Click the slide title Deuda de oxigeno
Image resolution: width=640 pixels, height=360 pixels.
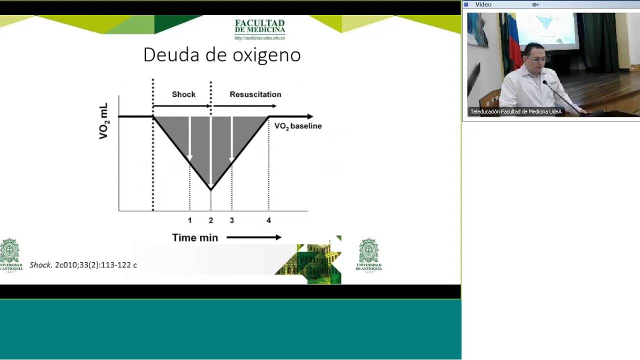tap(222, 55)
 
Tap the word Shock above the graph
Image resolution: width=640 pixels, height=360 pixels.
tap(183, 94)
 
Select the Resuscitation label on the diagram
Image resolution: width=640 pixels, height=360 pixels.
tap(255, 94)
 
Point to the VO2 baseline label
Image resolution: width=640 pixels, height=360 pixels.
tap(298, 126)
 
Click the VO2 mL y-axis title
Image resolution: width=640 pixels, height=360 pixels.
tap(103, 121)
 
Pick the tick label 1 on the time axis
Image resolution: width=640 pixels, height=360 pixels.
tap(189, 220)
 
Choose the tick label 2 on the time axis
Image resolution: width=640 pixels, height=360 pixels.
tap(211, 220)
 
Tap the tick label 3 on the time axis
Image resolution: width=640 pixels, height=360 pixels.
tap(232, 220)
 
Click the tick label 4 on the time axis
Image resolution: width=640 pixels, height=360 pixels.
tap(268, 220)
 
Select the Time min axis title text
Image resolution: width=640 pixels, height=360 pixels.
tap(195, 238)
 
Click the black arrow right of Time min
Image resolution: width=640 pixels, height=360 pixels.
tap(254, 237)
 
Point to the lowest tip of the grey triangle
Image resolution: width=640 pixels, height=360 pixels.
tap(211, 189)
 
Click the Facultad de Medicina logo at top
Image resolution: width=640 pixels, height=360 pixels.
tap(259, 29)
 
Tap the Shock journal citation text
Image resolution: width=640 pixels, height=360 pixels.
tap(83, 265)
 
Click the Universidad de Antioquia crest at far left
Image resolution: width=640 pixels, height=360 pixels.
tap(10, 255)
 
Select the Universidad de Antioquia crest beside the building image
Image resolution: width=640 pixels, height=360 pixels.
tap(368, 255)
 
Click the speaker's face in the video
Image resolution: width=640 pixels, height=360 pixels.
tap(534, 58)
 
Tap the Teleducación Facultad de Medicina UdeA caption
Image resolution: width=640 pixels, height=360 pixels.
tap(515, 112)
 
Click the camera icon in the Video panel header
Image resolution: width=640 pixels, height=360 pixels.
tap(535, 4)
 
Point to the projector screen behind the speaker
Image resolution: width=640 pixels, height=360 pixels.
tap(546, 30)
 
